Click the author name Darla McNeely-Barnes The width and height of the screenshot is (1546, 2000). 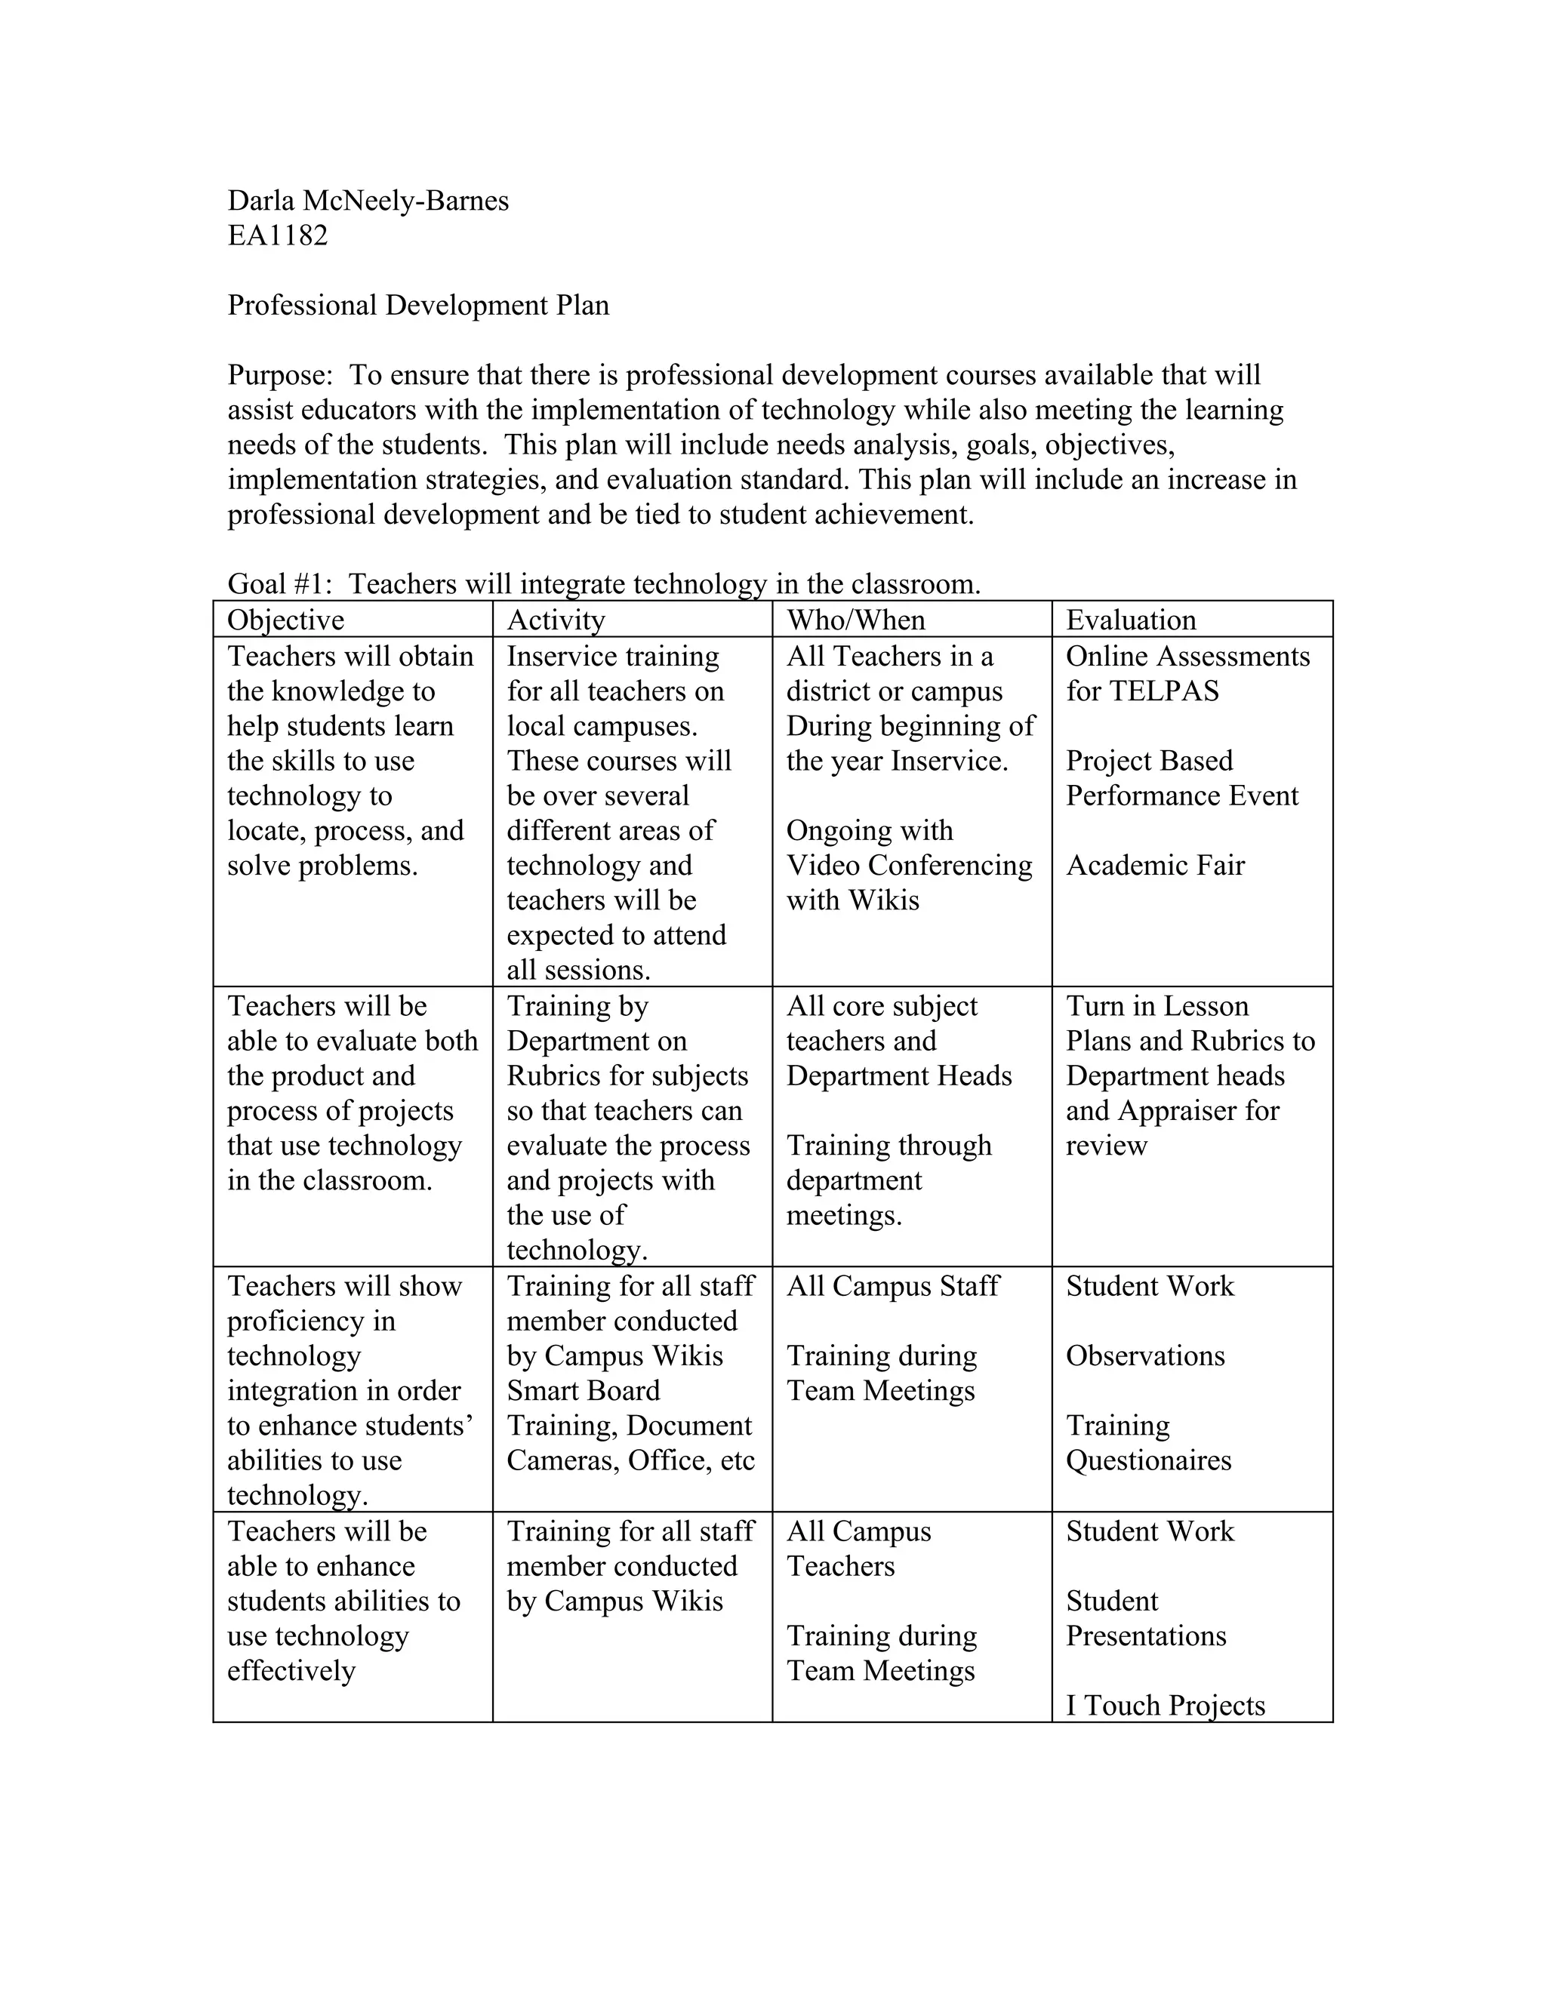(368, 201)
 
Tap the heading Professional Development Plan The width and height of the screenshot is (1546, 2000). (417, 305)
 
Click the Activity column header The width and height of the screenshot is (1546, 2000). (555, 620)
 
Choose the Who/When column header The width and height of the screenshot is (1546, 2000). (855, 620)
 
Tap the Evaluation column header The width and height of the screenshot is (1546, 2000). (1130, 620)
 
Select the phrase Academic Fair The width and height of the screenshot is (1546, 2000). (1155, 866)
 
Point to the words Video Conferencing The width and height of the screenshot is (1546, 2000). (909, 866)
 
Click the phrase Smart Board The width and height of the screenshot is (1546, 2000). (583, 1391)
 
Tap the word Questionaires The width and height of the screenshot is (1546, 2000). (1147, 1460)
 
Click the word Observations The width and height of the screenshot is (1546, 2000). (1145, 1356)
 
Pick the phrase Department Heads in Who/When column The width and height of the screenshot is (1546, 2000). (898, 1076)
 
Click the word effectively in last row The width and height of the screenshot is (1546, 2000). (291, 1671)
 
